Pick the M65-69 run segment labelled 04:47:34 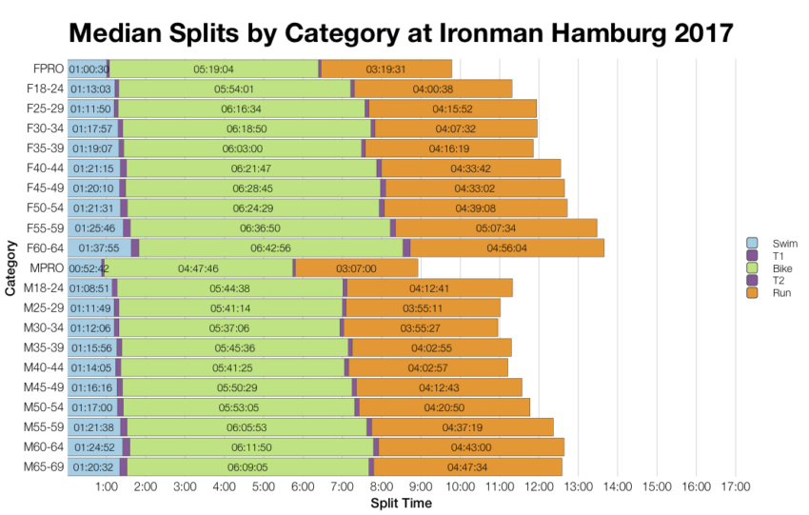point(466,467)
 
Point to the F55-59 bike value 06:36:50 point(260,228)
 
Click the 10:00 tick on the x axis point(461,486)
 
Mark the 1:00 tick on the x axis point(107,486)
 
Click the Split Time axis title point(401,503)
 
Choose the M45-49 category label point(44,387)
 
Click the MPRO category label point(46,268)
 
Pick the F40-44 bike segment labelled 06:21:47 point(251,168)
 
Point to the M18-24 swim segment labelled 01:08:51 point(89,288)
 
